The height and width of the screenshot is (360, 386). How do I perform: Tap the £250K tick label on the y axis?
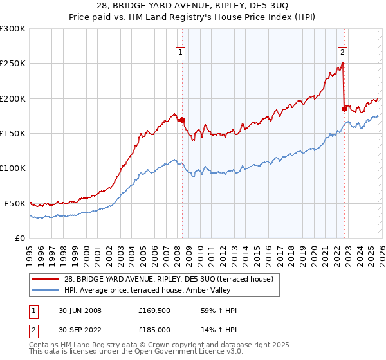point(12,64)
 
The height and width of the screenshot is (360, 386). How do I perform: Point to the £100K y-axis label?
point(12,168)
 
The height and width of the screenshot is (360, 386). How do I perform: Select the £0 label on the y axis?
point(21,238)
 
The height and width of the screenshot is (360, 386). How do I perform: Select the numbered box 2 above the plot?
point(342,53)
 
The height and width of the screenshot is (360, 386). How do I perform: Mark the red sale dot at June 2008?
point(182,120)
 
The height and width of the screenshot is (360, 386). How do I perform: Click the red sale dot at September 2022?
point(344,109)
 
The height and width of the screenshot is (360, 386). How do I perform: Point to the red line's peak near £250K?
point(342,63)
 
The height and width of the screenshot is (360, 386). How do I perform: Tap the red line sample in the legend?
point(45,279)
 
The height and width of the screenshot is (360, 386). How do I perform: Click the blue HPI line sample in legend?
point(45,290)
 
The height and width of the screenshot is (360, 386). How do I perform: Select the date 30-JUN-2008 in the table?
point(80,310)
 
